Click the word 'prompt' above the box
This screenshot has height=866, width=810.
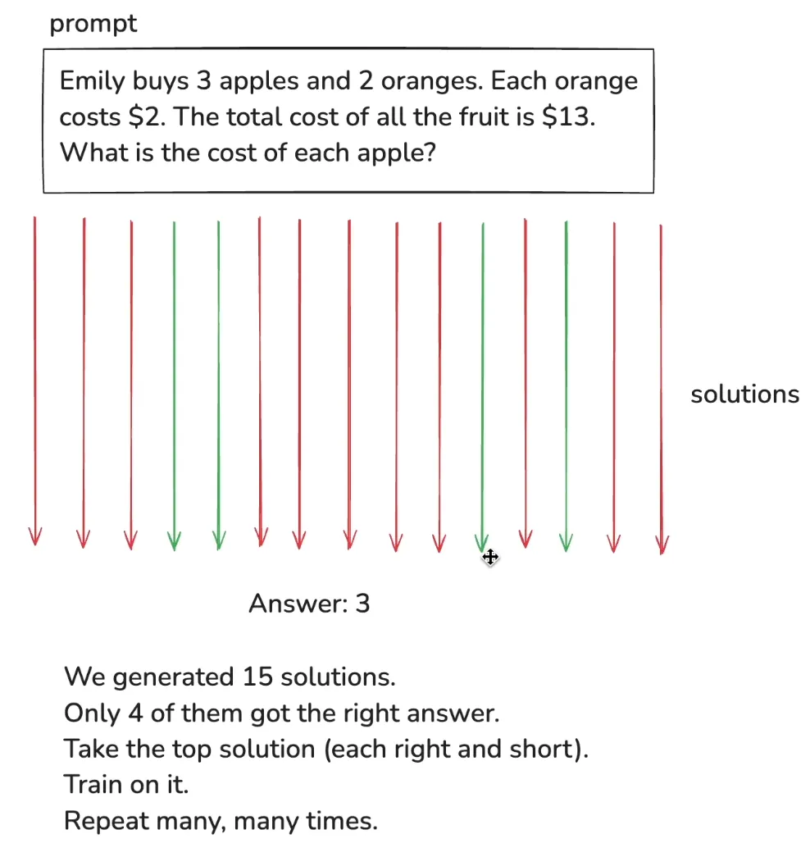click(93, 25)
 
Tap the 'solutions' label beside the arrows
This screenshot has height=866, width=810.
click(744, 394)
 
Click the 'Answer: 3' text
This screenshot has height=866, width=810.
click(309, 604)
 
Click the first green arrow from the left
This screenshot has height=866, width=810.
click(174, 377)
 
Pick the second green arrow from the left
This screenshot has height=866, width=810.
click(218, 377)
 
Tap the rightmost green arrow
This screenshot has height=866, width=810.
click(566, 377)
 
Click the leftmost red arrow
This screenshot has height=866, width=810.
click(34, 377)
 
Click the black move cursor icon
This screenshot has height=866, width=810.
click(490, 558)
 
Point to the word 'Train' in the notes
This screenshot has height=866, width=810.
click(91, 785)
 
